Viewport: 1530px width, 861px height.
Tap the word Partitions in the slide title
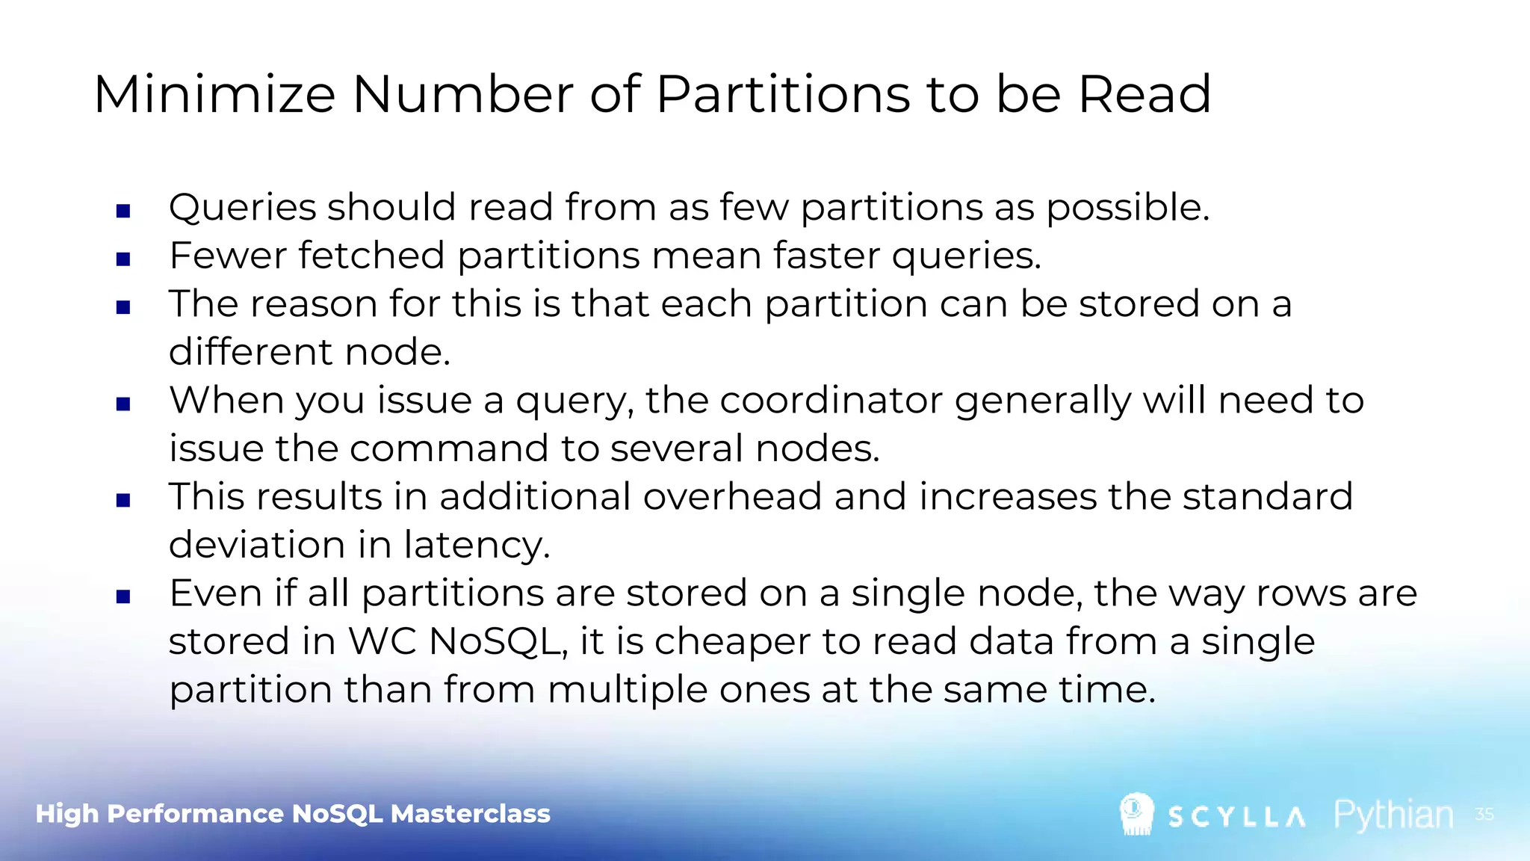pos(783,95)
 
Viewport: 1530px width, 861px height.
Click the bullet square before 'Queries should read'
pos(123,211)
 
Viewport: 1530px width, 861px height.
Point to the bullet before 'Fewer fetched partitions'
pos(123,259)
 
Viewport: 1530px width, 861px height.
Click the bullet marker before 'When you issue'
pos(123,404)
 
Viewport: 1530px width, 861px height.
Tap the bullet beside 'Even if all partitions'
pos(123,596)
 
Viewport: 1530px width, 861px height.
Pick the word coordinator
pos(831,400)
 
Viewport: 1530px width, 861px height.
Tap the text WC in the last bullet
pos(382,641)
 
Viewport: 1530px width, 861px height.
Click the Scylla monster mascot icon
pos(1136,814)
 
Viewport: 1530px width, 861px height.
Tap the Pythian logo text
pos(1393,815)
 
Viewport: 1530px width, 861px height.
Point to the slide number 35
pos(1484,814)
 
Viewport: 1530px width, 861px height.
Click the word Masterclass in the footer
pos(470,813)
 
